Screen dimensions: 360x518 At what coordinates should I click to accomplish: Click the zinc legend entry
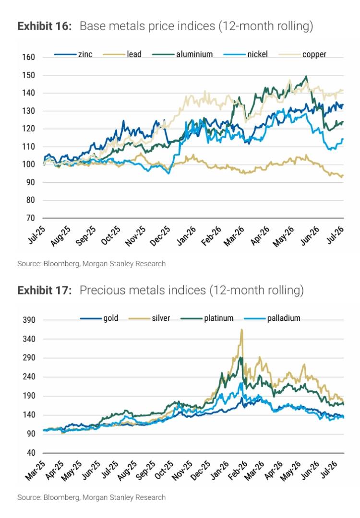pos(73,54)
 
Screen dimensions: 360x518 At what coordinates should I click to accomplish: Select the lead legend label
pos(122,54)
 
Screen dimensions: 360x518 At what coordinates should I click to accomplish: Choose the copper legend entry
pos(302,54)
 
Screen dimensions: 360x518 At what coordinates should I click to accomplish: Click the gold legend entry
pos(99,318)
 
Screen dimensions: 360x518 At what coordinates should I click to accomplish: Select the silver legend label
pos(149,318)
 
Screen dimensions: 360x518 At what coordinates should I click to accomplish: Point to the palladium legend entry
pos(272,318)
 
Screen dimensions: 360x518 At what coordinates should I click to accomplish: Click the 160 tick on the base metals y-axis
pos(29,57)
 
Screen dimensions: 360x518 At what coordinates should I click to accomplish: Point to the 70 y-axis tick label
pos(30,218)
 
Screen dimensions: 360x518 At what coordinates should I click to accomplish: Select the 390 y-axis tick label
pos(29,320)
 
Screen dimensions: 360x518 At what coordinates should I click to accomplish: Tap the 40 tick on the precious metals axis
pos(31,453)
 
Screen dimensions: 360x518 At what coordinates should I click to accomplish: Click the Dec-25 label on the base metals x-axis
pos(160,236)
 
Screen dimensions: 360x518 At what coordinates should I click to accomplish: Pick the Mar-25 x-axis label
pos(35,470)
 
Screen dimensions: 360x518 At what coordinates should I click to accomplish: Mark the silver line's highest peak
pos(242,330)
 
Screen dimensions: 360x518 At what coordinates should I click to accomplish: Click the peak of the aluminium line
pos(306,76)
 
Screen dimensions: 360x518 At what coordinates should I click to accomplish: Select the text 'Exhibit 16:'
pos(45,26)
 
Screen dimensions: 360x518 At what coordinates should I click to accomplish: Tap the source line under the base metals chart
pos(92,264)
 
